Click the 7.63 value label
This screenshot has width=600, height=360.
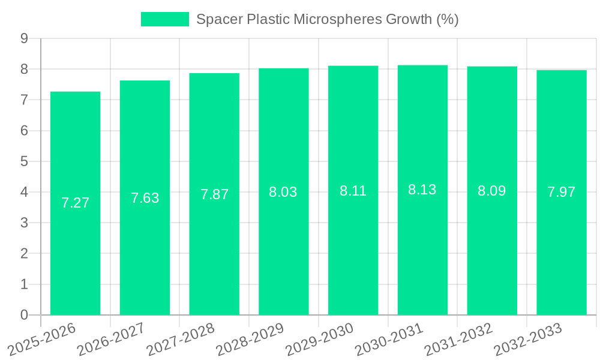(145, 198)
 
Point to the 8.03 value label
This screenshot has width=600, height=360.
(283, 192)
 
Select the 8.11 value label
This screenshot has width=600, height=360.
(353, 191)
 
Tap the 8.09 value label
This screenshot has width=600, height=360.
(491, 191)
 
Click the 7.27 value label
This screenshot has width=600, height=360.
(75, 203)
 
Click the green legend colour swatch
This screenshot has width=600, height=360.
(164, 19)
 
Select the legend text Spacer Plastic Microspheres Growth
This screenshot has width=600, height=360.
(328, 19)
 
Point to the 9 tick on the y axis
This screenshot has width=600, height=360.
(24, 38)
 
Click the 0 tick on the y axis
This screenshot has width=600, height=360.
(24, 315)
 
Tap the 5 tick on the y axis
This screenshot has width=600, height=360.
(24, 161)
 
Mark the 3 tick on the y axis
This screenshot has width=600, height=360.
(24, 223)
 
